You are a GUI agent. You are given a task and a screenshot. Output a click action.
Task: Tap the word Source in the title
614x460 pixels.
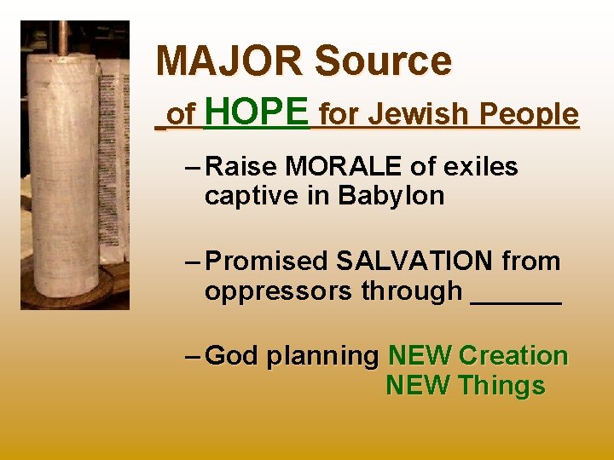(383, 60)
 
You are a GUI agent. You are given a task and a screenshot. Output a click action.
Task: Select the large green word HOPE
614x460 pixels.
(257, 112)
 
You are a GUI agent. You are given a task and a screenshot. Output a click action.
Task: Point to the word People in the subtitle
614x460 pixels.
(530, 113)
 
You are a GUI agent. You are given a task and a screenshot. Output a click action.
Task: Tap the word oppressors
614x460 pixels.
(279, 290)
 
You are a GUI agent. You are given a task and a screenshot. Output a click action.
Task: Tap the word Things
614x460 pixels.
(501, 385)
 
